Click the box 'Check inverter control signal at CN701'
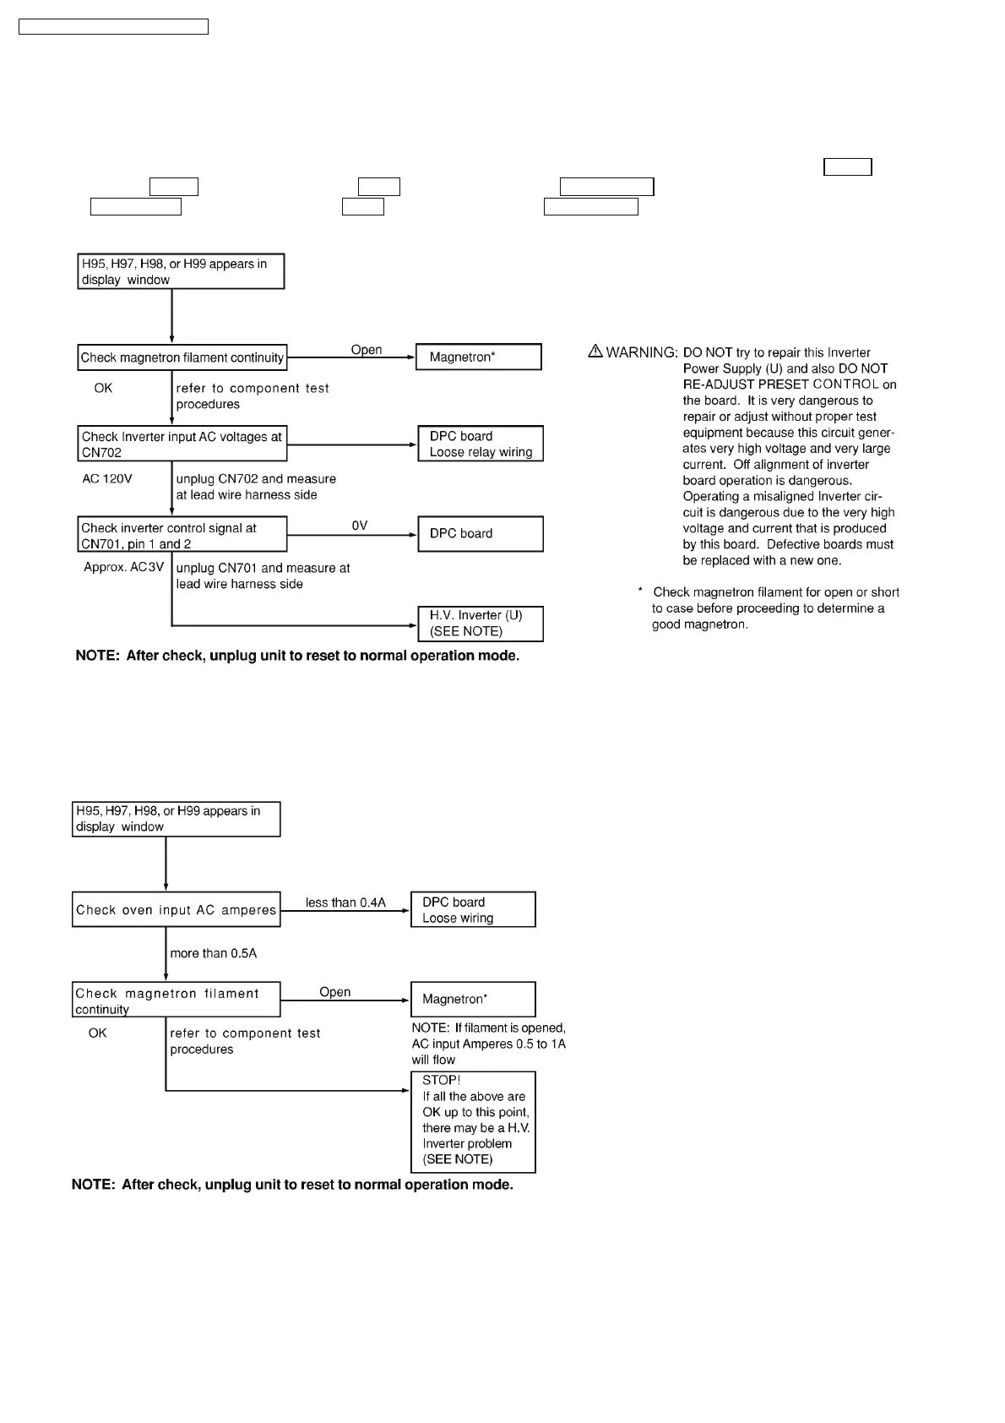coord(182,535)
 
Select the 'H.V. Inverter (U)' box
coord(480,624)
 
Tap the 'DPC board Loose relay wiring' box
coord(480,444)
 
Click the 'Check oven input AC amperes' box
coord(176,909)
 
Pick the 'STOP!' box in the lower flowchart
coord(473,1120)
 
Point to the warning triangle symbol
coord(595,351)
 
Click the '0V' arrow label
coord(360,526)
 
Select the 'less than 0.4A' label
coord(345,902)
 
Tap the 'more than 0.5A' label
coord(213,953)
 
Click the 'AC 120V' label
coord(107,478)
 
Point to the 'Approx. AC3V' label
coord(123,567)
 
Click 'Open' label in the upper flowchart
coord(367,350)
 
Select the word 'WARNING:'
coord(642,352)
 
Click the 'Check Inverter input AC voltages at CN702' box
coord(182,444)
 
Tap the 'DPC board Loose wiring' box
coord(473,909)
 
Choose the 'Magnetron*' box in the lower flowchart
coord(473,999)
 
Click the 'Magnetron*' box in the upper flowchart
coord(478,357)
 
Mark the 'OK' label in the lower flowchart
coord(98,1033)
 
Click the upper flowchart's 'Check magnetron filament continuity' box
coord(182,357)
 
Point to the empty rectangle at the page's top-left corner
coord(113,27)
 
